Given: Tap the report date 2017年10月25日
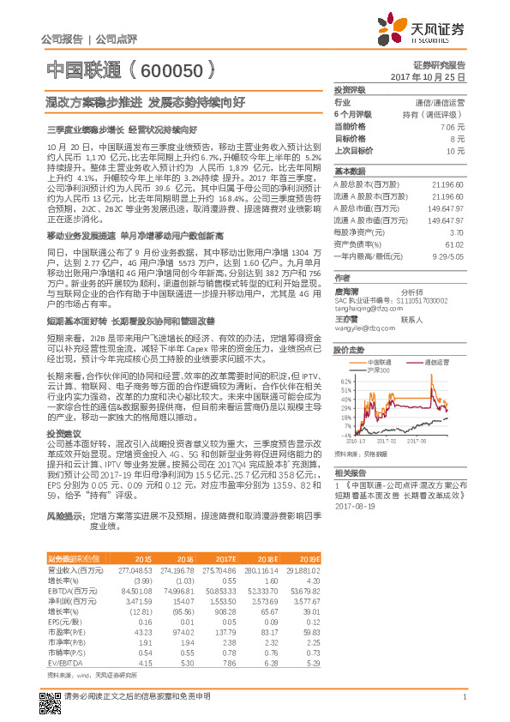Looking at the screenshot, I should [x=435, y=77].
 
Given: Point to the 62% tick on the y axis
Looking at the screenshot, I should [x=345, y=381].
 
